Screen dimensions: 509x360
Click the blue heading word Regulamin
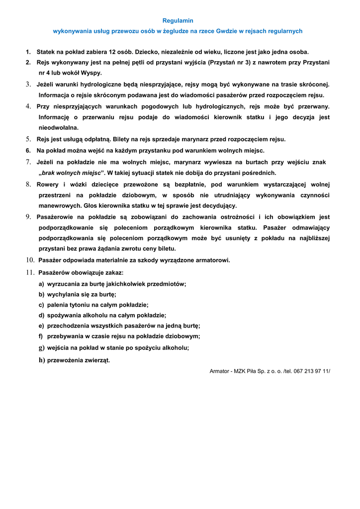178,20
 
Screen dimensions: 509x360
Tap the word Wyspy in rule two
91,73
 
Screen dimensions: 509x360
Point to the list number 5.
28,139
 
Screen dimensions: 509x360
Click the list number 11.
30,272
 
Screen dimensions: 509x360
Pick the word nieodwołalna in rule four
58,128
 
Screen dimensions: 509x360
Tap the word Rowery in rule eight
48,185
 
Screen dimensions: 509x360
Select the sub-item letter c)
41,305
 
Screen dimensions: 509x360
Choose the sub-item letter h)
42,360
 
